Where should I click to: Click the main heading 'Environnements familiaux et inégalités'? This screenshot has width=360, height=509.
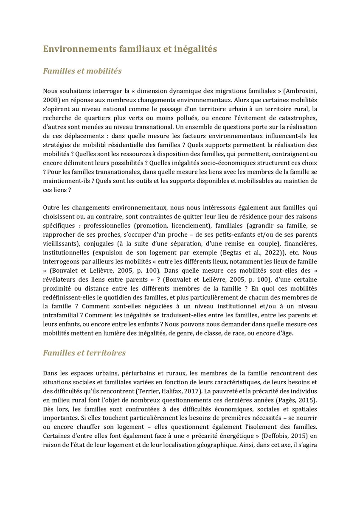pos(130,49)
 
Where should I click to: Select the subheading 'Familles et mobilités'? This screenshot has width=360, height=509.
pos(82,71)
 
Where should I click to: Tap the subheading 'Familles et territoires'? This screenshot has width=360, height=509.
pos(84,353)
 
